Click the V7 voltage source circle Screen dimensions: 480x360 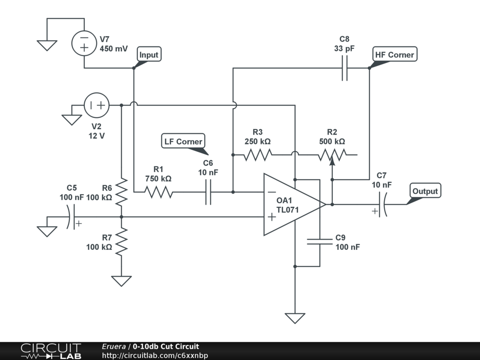[x=84, y=43]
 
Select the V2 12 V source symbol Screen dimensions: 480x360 [x=97, y=105]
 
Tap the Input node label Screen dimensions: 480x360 [x=149, y=54]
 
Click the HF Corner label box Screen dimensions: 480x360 [x=395, y=54]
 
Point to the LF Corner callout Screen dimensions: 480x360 [x=183, y=141]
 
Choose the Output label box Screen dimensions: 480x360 [x=425, y=191]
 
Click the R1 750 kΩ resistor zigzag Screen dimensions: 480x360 [x=158, y=192]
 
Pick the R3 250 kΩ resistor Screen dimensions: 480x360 [x=257, y=155]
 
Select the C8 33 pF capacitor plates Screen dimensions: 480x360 [x=345, y=68]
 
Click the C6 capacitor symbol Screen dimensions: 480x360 [x=208, y=192]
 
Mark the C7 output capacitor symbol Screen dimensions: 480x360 [x=382, y=204]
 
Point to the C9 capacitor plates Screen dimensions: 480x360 [x=320, y=241]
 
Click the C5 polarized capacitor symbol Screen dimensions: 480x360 [x=72, y=217]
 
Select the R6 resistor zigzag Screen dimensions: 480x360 [x=121, y=192]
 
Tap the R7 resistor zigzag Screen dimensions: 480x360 [x=121, y=242]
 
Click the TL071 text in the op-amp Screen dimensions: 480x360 [x=287, y=210]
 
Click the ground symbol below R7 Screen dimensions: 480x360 [x=121, y=281]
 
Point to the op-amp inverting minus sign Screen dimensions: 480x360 [x=272, y=192]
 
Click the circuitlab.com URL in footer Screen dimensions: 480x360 [x=155, y=355]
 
